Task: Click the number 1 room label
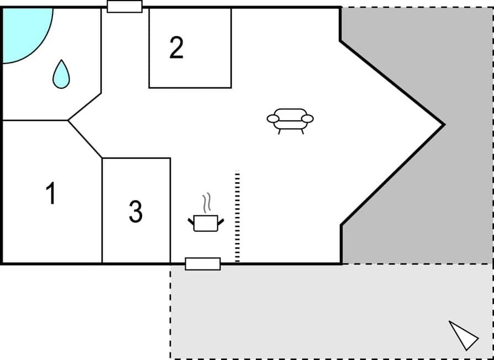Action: [51, 194]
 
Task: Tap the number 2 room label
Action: [176, 48]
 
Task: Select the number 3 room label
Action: [135, 211]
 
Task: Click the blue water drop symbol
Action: [61, 75]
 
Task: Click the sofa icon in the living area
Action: [290, 120]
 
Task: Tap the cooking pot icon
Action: [206, 223]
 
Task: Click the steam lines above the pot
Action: [207, 203]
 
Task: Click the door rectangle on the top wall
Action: [124, 7]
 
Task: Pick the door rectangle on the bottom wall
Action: [203, 264]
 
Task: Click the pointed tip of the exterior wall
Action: [444, 125]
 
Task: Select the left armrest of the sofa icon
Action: [273, 119]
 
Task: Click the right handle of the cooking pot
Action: [221, 221]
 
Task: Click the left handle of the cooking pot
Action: [191, 221]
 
